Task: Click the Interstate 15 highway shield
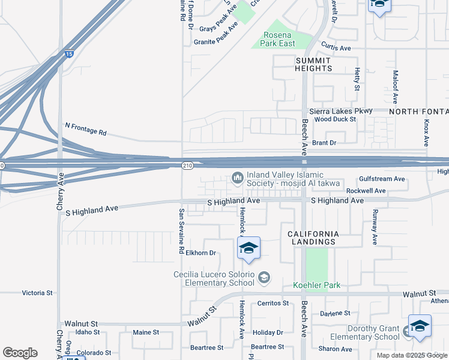click(70, 53)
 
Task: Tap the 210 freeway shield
click(187, 164)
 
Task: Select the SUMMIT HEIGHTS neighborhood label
click(313, 65)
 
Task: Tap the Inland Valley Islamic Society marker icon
click(238, 177)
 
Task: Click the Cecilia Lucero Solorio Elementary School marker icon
click(264, 277)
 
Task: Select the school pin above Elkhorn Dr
click(249, 248)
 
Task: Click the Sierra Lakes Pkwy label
click(340, 111)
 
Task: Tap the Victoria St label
click(37, 293)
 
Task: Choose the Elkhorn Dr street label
click(200, 253)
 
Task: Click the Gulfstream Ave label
click(382, 179)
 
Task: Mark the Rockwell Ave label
click(366, 191)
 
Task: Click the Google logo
click(20, 353)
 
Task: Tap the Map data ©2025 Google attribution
click(412, 355)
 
